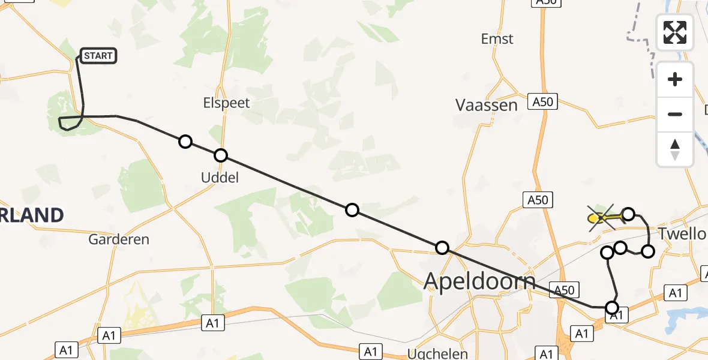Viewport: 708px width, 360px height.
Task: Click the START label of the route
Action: click(98, 56)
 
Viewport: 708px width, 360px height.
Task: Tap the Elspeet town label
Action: click(226, 103)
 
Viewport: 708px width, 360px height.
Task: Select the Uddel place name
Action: click(220, 177)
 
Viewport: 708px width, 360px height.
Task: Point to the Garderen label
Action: click(119, 239)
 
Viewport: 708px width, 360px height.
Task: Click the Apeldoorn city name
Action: click(479, 280)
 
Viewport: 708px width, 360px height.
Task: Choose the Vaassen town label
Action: click(486, 106)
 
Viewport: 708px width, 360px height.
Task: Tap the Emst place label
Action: click(497, 39)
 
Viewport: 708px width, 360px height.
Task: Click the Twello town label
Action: click(682, 234)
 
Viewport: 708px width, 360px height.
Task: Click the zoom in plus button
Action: click(675, 80)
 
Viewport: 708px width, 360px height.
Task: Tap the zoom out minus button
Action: click(675, 114)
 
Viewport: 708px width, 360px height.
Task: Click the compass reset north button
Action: click(675, 149)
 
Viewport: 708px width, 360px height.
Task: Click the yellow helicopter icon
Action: click(602, 218)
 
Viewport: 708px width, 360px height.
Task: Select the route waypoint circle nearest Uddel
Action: click(221, 155)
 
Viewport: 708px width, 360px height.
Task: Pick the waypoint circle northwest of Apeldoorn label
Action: click(442, 247)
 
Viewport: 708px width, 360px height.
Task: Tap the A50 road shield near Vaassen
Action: click(542, 103)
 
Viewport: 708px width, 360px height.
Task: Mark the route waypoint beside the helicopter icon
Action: click(628, 214)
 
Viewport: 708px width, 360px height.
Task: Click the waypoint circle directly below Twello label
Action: click(647, 251)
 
